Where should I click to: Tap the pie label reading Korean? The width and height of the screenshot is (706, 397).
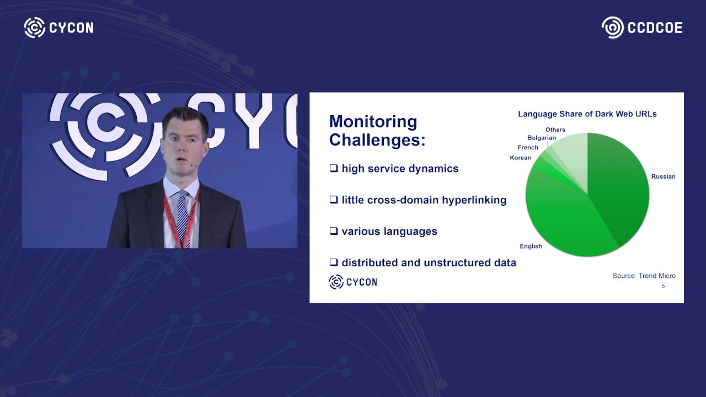tap(520, 158)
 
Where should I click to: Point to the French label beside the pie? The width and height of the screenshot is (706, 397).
tap(528, 148)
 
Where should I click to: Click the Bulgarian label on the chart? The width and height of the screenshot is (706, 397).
tap(542, 138)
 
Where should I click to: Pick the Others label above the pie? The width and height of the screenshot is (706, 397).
tap(555, 130)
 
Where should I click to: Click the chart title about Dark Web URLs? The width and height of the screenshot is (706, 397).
tap(587, 114)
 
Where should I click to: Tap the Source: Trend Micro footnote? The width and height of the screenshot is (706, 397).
tap(644, 276)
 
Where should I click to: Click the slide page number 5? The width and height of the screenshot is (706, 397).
tap(663, 286)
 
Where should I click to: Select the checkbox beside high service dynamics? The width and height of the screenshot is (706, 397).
tap(334, 168)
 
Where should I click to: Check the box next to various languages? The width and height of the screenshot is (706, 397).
tap(334, 231)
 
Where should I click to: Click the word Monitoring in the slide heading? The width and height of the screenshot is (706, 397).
tap(373, 122)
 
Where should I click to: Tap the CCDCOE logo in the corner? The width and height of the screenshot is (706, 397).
tap(642, 28)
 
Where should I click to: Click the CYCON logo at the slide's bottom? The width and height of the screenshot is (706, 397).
tap(353, 282)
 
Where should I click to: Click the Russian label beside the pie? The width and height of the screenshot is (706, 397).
tap(663, 176)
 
